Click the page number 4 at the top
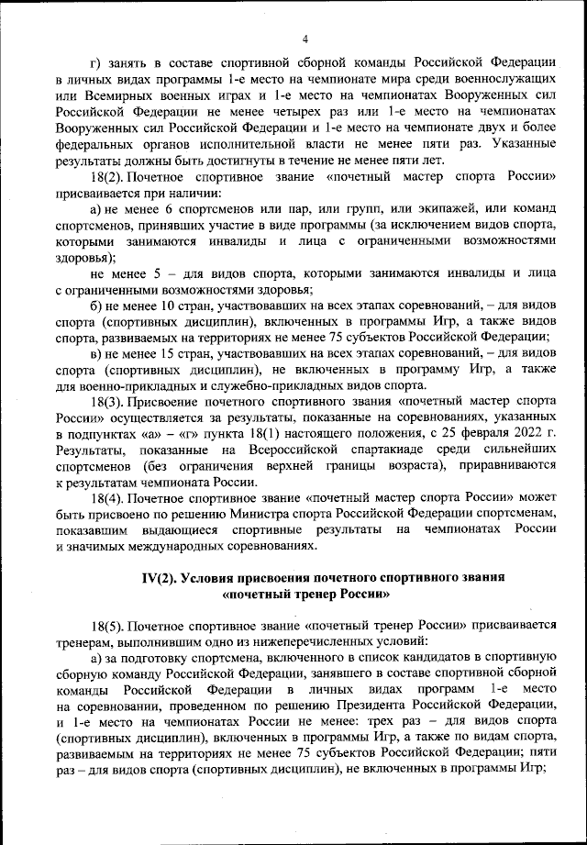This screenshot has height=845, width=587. pos(305,38)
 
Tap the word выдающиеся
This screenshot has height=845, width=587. pos(178,530)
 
